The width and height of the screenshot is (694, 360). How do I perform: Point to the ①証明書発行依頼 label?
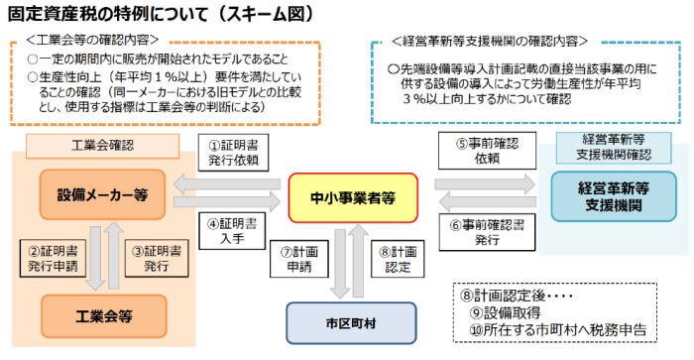[x=233, y=153]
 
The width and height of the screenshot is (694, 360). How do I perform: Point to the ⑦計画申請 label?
[x=295, y=260]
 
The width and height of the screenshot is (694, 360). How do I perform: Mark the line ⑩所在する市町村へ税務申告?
[x=563, y=332]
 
